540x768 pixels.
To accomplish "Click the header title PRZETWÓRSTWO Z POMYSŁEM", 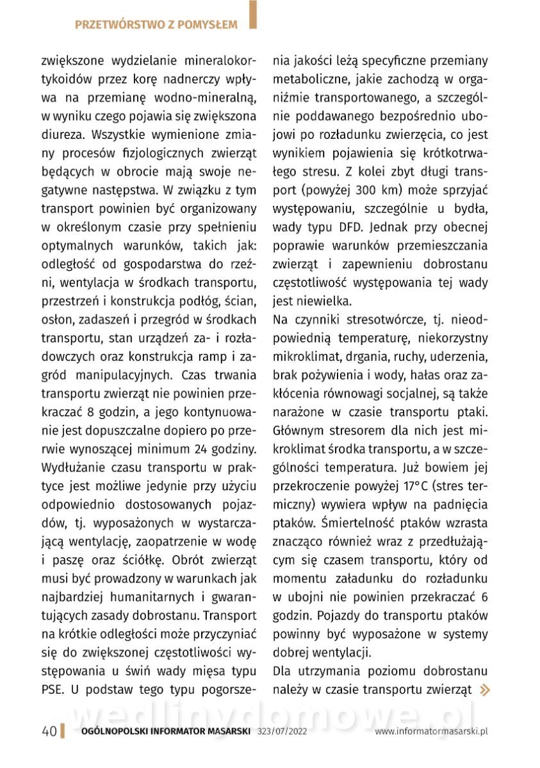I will (x=156, y=25).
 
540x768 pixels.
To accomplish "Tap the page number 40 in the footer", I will (x=49, y=732).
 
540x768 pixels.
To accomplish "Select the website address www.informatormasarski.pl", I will (x=432, y=732).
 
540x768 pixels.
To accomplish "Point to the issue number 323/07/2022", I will (x=282, y=732).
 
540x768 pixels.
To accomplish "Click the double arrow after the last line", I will (x=486, y=689).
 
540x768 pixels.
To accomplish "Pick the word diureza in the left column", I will (x=63, y=135).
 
